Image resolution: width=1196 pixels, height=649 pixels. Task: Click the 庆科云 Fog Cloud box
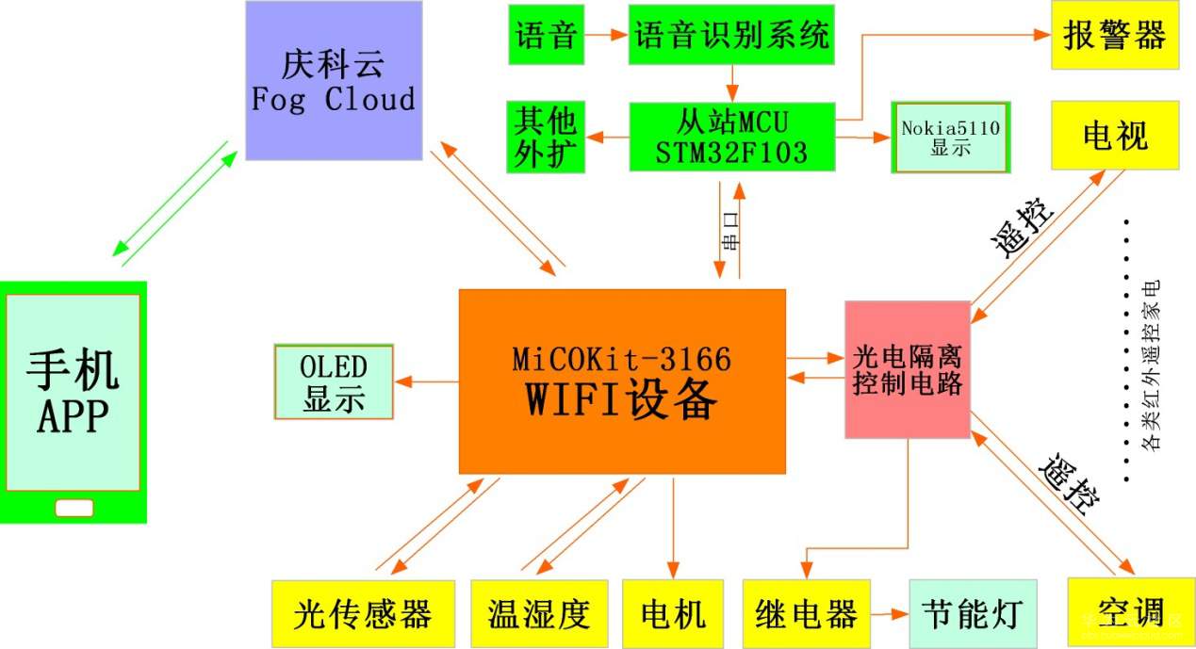334,81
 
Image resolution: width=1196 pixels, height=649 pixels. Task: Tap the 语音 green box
546,36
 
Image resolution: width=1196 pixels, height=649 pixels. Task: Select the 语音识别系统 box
731,36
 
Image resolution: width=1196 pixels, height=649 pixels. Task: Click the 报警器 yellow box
1115,36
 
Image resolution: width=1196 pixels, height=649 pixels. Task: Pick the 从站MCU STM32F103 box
731,138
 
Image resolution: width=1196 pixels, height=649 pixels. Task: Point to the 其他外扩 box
546,138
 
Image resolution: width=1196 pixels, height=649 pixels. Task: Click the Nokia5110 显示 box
950,138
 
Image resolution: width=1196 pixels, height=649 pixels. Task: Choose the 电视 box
1115,137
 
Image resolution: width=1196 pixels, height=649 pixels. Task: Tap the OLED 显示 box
334,381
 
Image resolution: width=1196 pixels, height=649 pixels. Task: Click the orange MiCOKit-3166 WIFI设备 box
622,381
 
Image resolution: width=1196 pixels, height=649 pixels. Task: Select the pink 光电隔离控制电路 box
908,370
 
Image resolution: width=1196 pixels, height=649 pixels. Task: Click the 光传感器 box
363,614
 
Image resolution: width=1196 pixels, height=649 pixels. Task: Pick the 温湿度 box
539,614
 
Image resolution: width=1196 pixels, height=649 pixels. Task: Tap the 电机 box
673,614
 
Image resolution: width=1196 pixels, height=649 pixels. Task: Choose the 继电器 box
806,614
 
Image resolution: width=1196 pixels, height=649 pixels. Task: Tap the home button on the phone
74,508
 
